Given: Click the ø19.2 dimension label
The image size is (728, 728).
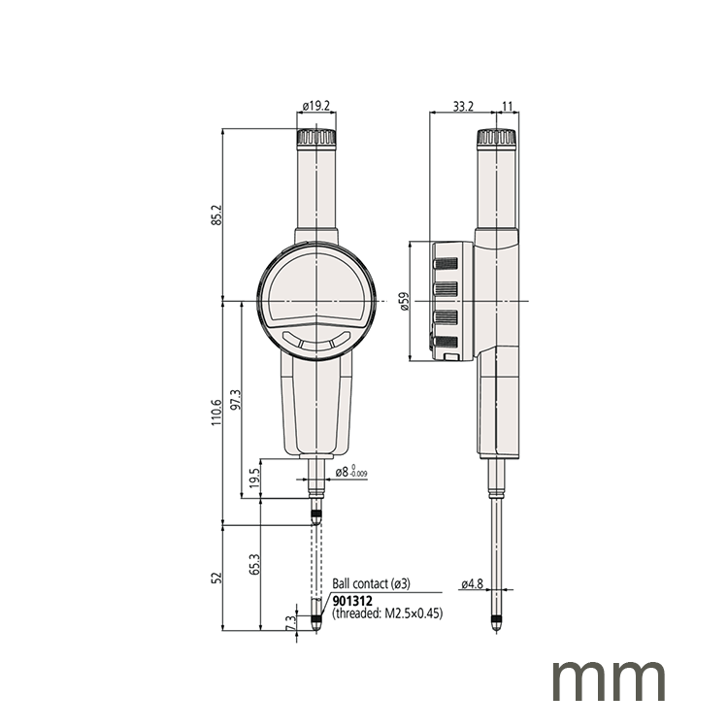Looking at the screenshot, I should pyautogui.click(x=316, y=105).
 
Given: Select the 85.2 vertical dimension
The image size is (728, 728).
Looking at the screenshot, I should pyautogui.click(x=217, y=215).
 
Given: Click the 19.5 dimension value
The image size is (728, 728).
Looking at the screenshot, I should pyautogui.click(x=255, y=480).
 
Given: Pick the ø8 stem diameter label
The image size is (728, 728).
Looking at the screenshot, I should pyautogui.click(x=350, y=473).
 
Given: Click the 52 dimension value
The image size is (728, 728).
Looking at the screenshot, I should pyautogui.click(x=217, y=578).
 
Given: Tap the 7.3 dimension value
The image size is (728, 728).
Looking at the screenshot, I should pyautogui.click(x=289, y=622).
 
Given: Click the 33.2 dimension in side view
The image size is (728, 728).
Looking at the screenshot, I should pyautogui.click(x=462, y=105).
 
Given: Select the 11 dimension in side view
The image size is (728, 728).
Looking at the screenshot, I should pyautogui.click(x=508, y=105).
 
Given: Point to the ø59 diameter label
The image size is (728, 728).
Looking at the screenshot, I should pyautogui.click(x=402, y=303).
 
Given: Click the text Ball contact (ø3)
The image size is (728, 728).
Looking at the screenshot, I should pyautogui.click(x=373, y=584).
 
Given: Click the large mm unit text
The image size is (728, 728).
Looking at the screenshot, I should pyautogui.click(x=610, y=678).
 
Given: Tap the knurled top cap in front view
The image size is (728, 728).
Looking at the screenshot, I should pyautogui.click(x=316, y=138).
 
